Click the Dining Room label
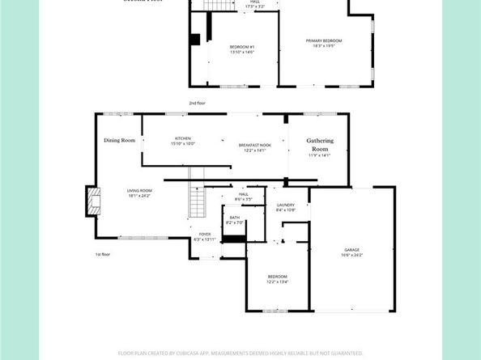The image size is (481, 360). (119, 141)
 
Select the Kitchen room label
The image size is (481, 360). (182, 138)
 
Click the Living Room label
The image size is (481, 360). (139, 191)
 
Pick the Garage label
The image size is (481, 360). (350, 250)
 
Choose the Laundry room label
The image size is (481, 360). (285, 205)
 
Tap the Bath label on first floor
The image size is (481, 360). (234, 217)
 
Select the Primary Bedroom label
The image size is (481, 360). (323, 40)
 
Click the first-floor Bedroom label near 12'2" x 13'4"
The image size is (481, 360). (277, 277)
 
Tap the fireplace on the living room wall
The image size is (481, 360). (94, 201)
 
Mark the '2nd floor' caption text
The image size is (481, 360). (198, 104)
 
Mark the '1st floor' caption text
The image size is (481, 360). (103, 254)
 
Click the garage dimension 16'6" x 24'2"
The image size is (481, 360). (351, 256)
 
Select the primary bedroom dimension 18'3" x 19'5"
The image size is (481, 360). (323, 46)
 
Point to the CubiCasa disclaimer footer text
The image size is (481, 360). (240, 353)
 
